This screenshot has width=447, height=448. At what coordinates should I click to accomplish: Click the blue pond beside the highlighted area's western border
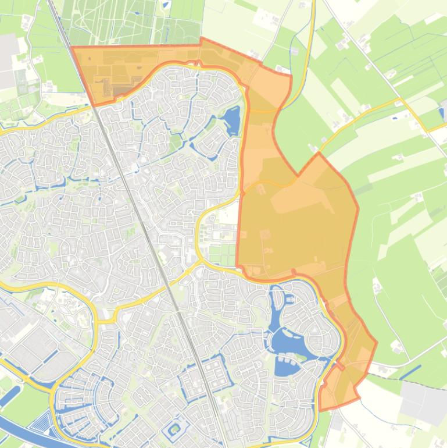click(231, 121)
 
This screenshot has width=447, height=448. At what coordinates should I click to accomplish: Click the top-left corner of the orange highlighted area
click(71, 48)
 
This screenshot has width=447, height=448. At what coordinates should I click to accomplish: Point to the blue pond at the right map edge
click(444, 110)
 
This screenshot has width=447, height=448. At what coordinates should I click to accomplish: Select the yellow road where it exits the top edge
click(313, 3)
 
